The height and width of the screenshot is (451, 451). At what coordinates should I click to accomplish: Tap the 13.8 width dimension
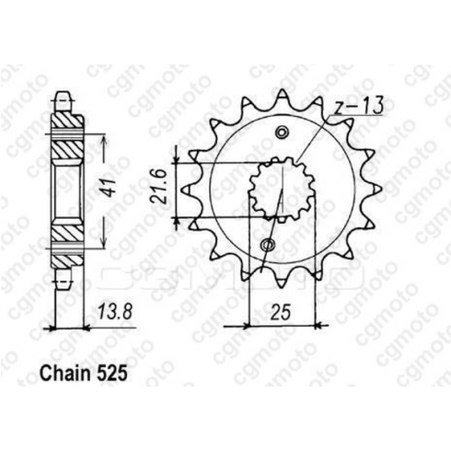[114, 312]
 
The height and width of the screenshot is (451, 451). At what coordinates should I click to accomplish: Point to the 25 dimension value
[281, 313]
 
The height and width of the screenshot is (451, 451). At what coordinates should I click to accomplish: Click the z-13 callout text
[358, 106]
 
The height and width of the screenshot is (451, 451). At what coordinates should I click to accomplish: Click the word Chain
[65, 374]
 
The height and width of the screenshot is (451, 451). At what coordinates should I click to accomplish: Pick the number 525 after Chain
[111, 374]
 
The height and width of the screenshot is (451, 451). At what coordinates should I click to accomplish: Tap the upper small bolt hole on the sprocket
[282, 133]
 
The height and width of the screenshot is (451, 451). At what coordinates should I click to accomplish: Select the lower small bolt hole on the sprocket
[268, 245]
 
